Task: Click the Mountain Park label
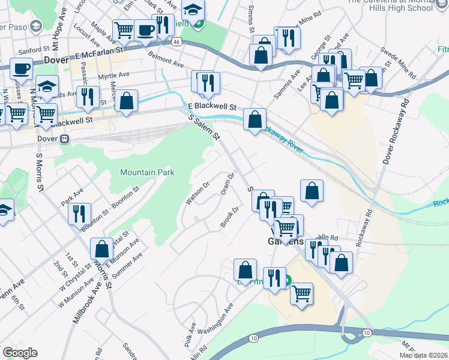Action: (x=147, y=172)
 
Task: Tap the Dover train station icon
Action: (x=65, y=139)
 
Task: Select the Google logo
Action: (x=19, y=353)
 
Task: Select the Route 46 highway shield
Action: (x=175, y=41)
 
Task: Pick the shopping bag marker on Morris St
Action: (x=101, y=248)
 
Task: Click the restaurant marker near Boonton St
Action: (x=79, y=213)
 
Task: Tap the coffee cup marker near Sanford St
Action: (x=21, y=68)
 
